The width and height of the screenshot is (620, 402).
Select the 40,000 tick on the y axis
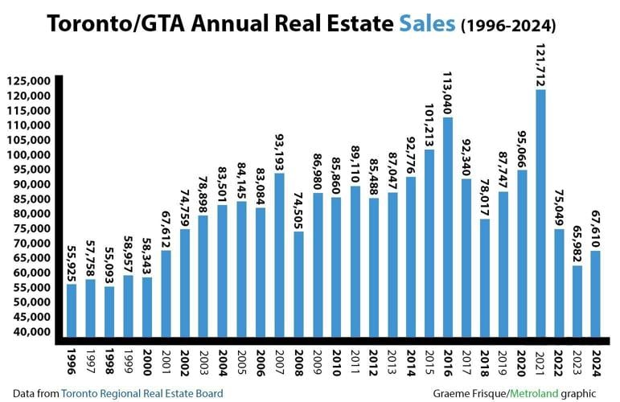[31, 331]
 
